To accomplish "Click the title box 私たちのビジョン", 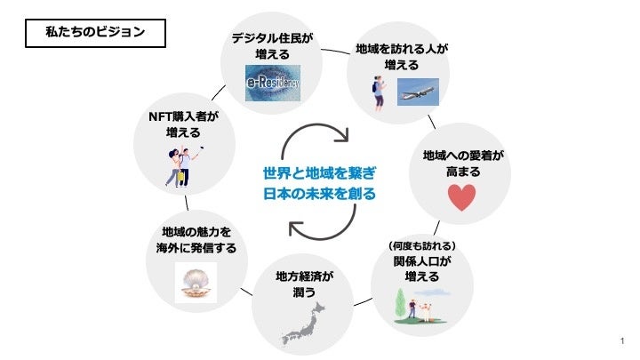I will click(93, 34).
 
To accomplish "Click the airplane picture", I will click(418, 90).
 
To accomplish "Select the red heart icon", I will click(462, 196).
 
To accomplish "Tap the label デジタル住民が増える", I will click(273, 47).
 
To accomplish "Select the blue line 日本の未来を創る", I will click(319, 193).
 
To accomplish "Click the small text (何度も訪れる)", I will click(422, 245).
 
